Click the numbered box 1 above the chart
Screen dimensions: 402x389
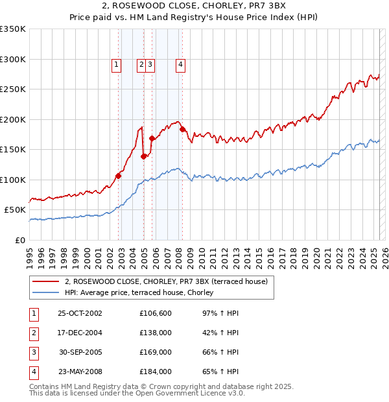coord(116,64)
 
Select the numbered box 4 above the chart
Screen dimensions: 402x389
coord(180,64)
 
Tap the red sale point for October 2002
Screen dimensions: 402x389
coord(119,175)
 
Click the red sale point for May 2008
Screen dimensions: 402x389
coord(183,129)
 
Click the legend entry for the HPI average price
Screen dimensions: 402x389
coord(143,293)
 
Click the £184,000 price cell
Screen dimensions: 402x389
coord(156,372)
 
